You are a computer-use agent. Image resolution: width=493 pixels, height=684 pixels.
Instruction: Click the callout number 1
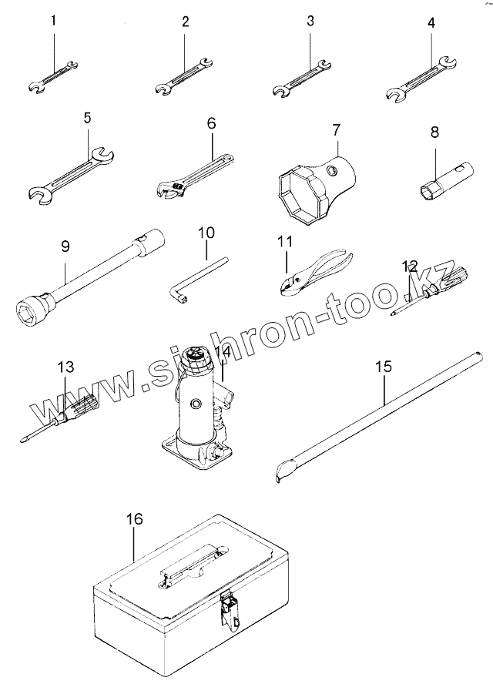54,21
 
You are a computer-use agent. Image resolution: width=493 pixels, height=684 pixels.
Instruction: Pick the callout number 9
65,247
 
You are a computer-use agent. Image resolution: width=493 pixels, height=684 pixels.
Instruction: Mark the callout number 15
384,367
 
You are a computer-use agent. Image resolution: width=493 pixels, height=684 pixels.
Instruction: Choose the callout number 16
134,520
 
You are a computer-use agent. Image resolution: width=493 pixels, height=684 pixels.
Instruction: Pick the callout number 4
431,23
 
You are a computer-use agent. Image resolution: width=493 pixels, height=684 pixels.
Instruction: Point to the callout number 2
185,22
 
